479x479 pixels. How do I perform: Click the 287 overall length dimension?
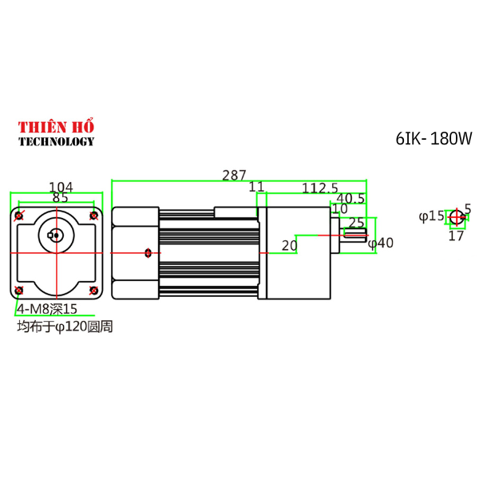pyautogui.click(x=235, y=175)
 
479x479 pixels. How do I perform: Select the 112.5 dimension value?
pyautogui.click(x=320, y=188)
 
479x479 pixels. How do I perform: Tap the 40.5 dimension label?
pyautogui.click(x=350, y=198)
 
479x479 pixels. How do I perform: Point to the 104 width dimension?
pyautogui.click(x=61, y=187)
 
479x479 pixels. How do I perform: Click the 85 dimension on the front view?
pyautogui.click(x=60, y=196)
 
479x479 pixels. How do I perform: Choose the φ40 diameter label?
pyautogui.click(x=381, y=243)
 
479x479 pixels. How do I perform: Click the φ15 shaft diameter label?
pyautogui.click(x=431, y=216)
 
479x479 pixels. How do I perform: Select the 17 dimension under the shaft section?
pyautogui.click(x=456, y=236)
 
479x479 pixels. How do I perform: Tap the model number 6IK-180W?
pyautogui.click(x=433, y=138)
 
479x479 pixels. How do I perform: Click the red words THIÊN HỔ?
pyautogui.click(x=56, y=127)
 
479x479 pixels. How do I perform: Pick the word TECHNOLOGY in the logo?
pyautogui.click(x=56, y=141)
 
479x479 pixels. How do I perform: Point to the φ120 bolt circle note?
pyautogui.click(x=65, y=326)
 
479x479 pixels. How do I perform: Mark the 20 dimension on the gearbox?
pyautogui.click(x=289, y=245)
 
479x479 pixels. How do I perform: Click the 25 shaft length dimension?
pyautogui.click(x=356, y=223)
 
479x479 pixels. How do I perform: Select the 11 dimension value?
pyautogui.click(x=256, y=187)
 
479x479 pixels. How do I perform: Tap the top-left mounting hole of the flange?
pyautogui.click(x=20, y=215)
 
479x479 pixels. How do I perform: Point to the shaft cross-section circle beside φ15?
pyautogui.click(x=456, y=216)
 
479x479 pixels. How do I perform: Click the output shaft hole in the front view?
pyautogui.click(x=55, y=235)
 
